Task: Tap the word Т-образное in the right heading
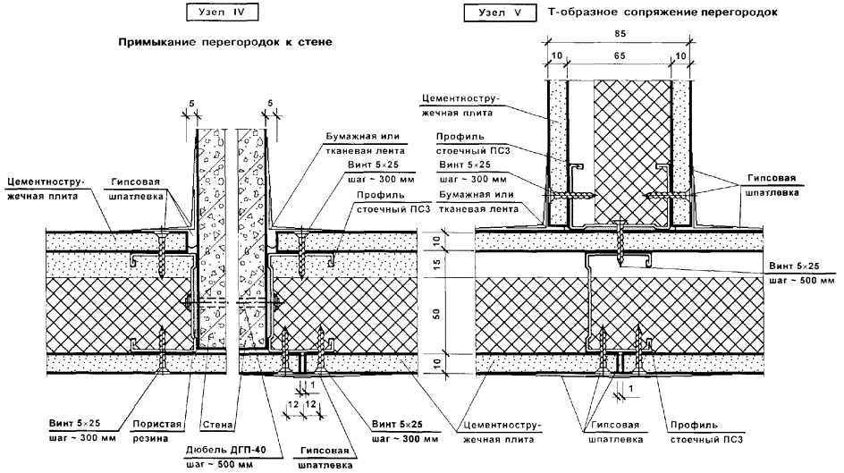coord(582,13)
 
